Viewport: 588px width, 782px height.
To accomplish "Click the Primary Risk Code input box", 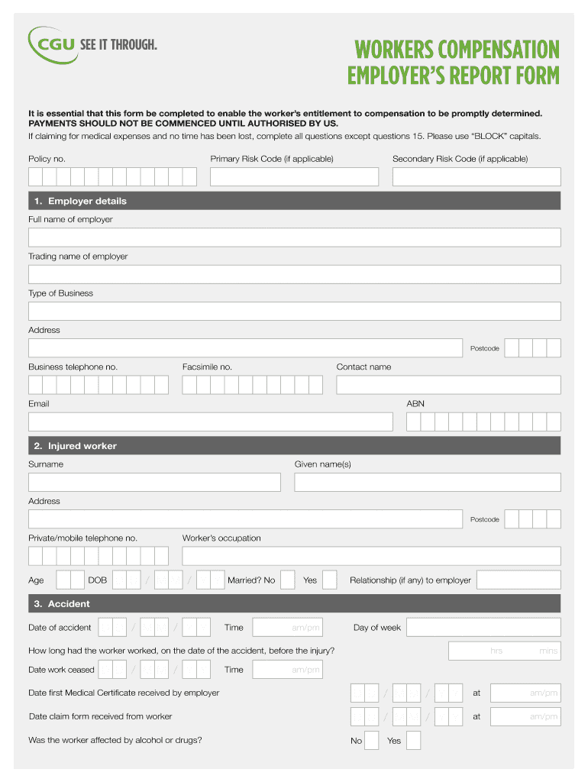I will click(294, 177).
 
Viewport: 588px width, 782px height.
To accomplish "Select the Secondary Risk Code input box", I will click(476, 177).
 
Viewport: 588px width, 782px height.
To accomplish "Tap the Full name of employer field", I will click(294, 238).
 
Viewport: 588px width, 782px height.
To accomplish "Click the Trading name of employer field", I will click(294, 274).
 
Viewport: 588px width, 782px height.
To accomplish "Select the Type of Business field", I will click(294, 311).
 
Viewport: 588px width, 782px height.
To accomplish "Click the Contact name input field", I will click(448, 385).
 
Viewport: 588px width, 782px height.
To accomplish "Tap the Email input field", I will click(210, 422).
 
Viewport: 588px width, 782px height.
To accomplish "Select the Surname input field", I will click(154, 483).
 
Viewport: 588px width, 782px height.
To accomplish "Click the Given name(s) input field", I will click(427, 483).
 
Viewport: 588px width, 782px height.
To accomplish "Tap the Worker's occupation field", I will click(371, 556).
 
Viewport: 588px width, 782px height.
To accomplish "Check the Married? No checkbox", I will click(287, 580).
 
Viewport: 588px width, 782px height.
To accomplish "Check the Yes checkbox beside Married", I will click(329, 580).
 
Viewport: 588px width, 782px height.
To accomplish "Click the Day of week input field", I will click(483, 628).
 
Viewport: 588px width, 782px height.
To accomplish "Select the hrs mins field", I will click(504, 651).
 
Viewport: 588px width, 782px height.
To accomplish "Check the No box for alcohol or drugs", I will click(372, 741).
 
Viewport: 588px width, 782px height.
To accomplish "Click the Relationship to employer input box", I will click(519, 580).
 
